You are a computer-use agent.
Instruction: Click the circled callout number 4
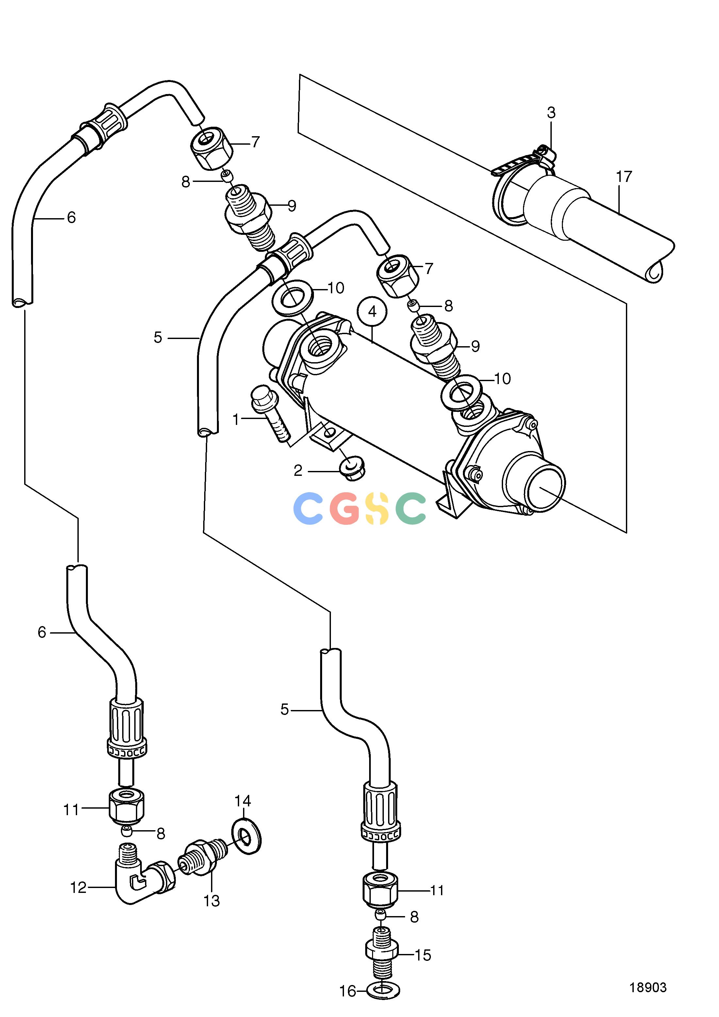pyautogui.click(x=372, y=312)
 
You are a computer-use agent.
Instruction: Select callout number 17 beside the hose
pyautogui.click(x=624, y=177)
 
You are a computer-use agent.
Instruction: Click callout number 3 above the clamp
pyautogui.click(x=551, y=113)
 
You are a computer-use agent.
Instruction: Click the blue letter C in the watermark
pyautogui.click(x=310, y=508)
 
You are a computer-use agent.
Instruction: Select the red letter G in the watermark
pyautogui.click(x=345, y=508)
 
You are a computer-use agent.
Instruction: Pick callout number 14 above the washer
pyautogui.click(x=243, y=801)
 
